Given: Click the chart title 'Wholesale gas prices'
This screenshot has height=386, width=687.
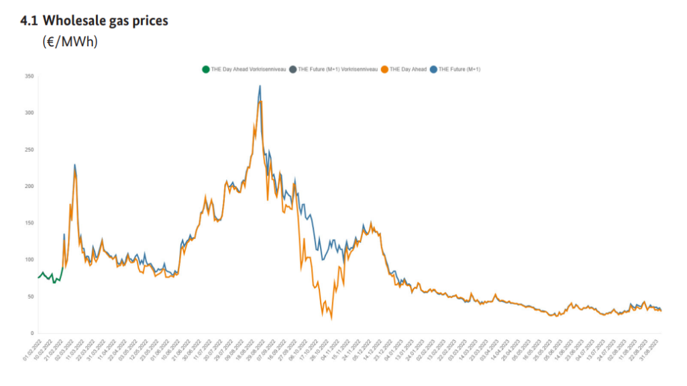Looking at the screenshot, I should (105, 21).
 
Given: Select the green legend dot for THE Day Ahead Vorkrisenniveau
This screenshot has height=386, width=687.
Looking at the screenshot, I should (205, 69).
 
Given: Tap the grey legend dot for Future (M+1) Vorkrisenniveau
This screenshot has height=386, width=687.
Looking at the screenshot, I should (293, 69).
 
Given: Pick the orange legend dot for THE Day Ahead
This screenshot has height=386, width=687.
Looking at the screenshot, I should (384, 69).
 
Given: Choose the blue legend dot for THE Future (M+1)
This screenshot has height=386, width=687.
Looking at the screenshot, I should (433, 69).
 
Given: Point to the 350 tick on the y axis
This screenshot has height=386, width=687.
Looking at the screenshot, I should (28, 77).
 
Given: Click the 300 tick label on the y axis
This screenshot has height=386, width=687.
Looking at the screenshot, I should (28, 113).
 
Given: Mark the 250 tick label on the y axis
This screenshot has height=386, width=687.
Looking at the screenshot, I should (28, 150).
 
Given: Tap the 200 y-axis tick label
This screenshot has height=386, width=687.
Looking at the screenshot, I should (28, 186).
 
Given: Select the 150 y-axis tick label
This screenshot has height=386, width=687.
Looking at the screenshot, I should (28, 223).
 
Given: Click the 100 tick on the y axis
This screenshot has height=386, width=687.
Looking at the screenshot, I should (28, 260).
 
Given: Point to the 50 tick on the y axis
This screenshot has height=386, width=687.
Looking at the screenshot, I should (30, 296).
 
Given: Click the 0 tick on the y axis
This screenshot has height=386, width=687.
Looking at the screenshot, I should (32, 333).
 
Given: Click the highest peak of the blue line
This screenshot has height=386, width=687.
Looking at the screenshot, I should (260, 87).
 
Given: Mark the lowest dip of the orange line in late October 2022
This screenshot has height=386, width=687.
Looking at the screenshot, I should (331, 318).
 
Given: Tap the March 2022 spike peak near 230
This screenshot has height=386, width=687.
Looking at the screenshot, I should (74, 165).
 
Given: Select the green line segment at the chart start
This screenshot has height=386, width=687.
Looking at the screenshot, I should (50, 276).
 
